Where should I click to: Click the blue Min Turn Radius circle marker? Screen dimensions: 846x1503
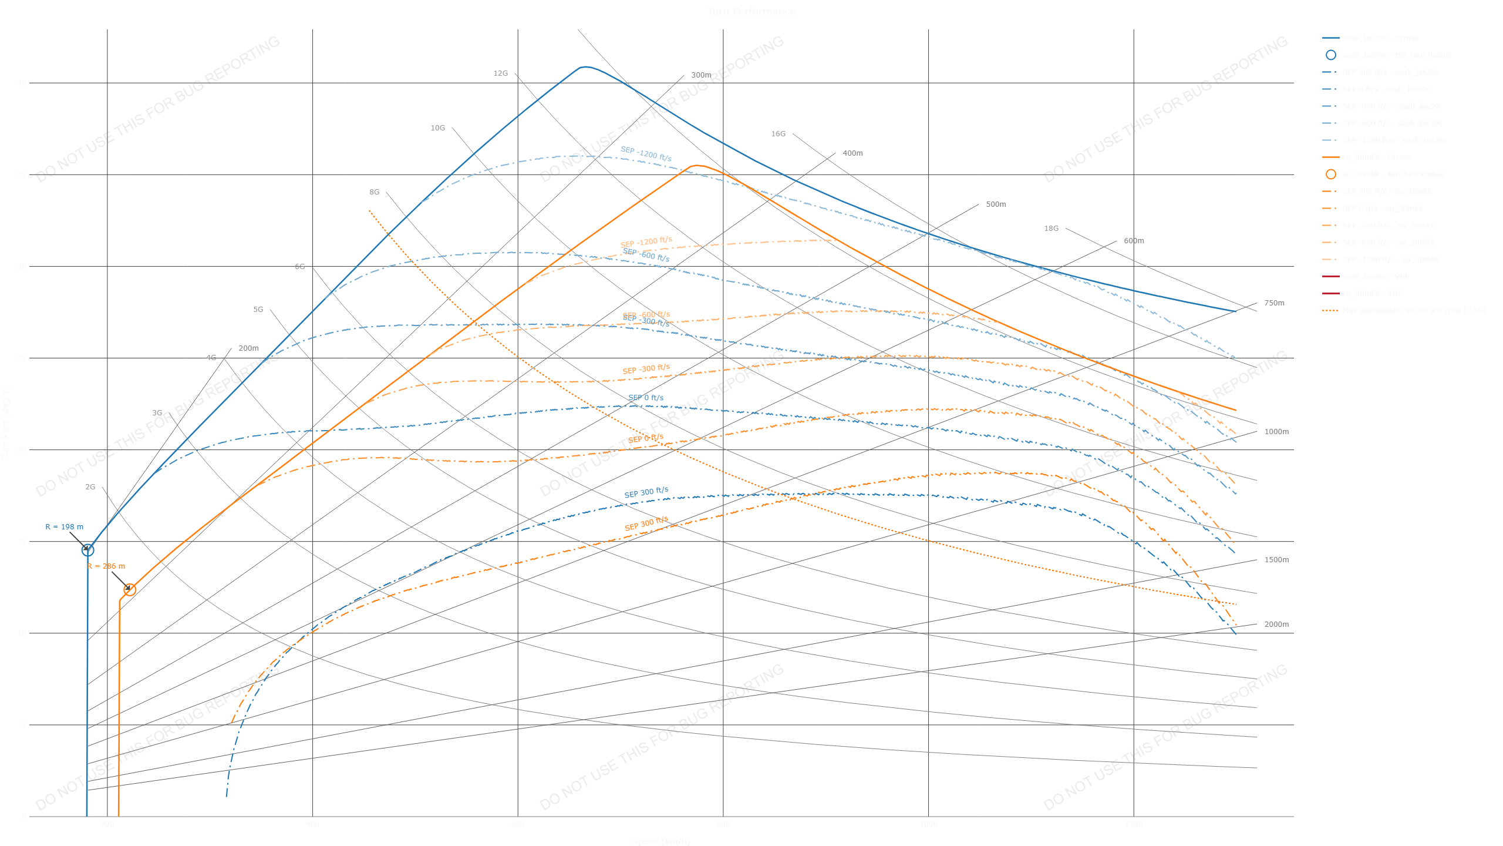tap(87, 550)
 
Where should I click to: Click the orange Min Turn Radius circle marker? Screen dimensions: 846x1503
tap(130, 589)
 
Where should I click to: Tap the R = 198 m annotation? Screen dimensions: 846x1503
tap(65, 527)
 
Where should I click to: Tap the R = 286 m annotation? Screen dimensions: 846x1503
tap(106, 566)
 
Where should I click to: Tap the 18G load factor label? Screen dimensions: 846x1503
tap(1051, 229)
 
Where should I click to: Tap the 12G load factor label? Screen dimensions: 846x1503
tap(500, 73)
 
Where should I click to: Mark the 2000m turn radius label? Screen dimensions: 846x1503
tap(1276, 625)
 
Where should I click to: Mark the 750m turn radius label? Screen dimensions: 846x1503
tap(1274, 303)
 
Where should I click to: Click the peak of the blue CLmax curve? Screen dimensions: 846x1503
tap(584, 67)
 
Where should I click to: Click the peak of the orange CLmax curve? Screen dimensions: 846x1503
tap(696, 166)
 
